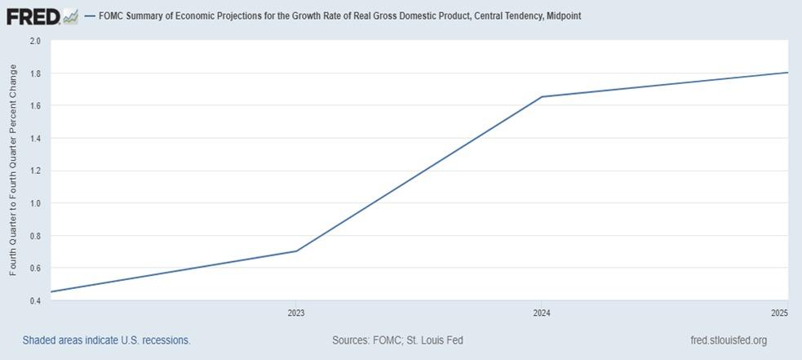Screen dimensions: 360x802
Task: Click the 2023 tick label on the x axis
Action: click(295, 313)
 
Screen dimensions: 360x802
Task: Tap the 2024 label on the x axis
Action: click(540, 313)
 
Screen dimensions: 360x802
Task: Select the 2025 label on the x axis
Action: click(779, 313)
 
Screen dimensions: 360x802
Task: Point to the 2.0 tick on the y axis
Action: click(35, 41)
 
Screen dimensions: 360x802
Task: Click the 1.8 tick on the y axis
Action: click(35, 73)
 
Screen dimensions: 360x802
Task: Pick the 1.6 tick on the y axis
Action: click(35, 106)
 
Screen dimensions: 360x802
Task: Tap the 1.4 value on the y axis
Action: click(35, 138)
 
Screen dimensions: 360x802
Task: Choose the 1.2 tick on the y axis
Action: click(35, 171)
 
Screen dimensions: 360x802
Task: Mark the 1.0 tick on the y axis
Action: click(35, 203)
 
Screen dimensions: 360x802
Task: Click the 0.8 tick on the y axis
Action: click(35, 236)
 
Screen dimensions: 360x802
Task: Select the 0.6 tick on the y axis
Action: click(35, 268)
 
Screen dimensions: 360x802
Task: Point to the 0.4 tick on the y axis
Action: click(35, 300)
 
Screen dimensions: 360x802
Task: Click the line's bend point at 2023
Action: click(295, 251)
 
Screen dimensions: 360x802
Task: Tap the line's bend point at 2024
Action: click(540, 97)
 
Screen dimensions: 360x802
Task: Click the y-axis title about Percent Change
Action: click(13, 170)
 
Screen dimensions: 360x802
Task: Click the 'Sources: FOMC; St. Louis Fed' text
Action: click(397, 340)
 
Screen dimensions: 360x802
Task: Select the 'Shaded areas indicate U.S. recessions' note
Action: click(106, 340)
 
